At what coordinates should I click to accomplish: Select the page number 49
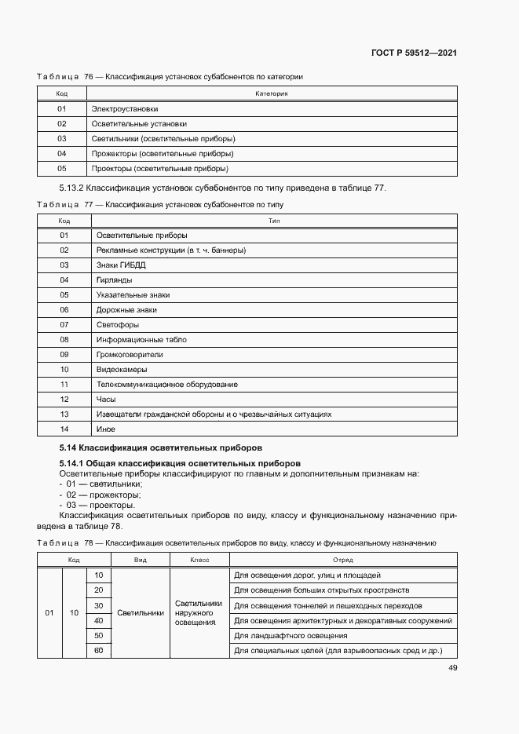pos(452,668)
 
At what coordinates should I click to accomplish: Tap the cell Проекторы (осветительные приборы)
pos(159,168)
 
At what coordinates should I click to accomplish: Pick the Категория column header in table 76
pos(272,93)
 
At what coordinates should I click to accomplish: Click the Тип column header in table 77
pos(274,221)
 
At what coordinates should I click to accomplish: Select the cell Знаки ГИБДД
pos(121,265)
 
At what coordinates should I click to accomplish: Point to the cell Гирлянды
pos(114,279)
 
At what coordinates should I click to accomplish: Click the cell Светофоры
pos(117,324)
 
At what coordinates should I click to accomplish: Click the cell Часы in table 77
pos(106,399)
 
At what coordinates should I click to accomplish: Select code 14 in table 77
pos(64,429)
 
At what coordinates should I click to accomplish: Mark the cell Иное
pos(106,429)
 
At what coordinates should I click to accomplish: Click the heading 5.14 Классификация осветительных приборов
pos(160,448)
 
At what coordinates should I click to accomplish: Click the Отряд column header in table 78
pos(342,561)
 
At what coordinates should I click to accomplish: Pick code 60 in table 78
pos(98,650)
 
